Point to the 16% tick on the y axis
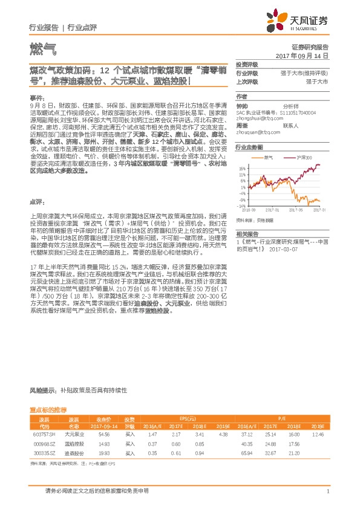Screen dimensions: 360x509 pyautogui.click(x=241, y=169)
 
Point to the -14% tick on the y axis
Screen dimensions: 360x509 pyautogui.click(x=241, y=206)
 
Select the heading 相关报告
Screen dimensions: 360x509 pyautogui.click(x=246, y=233)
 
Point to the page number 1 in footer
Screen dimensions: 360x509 pyautogui.click(x=327, y=491)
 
